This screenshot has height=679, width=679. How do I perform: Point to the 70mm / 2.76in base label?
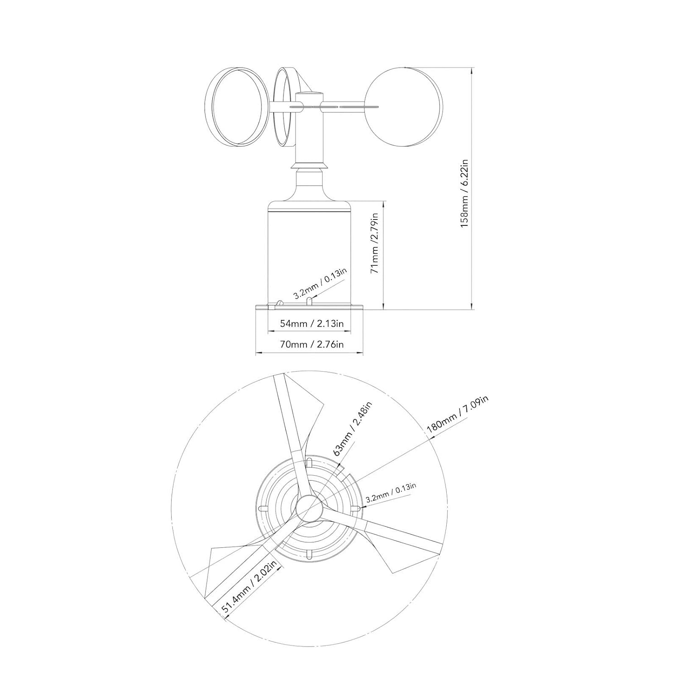tap(312, 344)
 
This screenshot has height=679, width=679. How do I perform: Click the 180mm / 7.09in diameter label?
tap(458, 417)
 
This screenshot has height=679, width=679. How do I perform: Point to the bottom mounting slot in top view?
tap(309, 555)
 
